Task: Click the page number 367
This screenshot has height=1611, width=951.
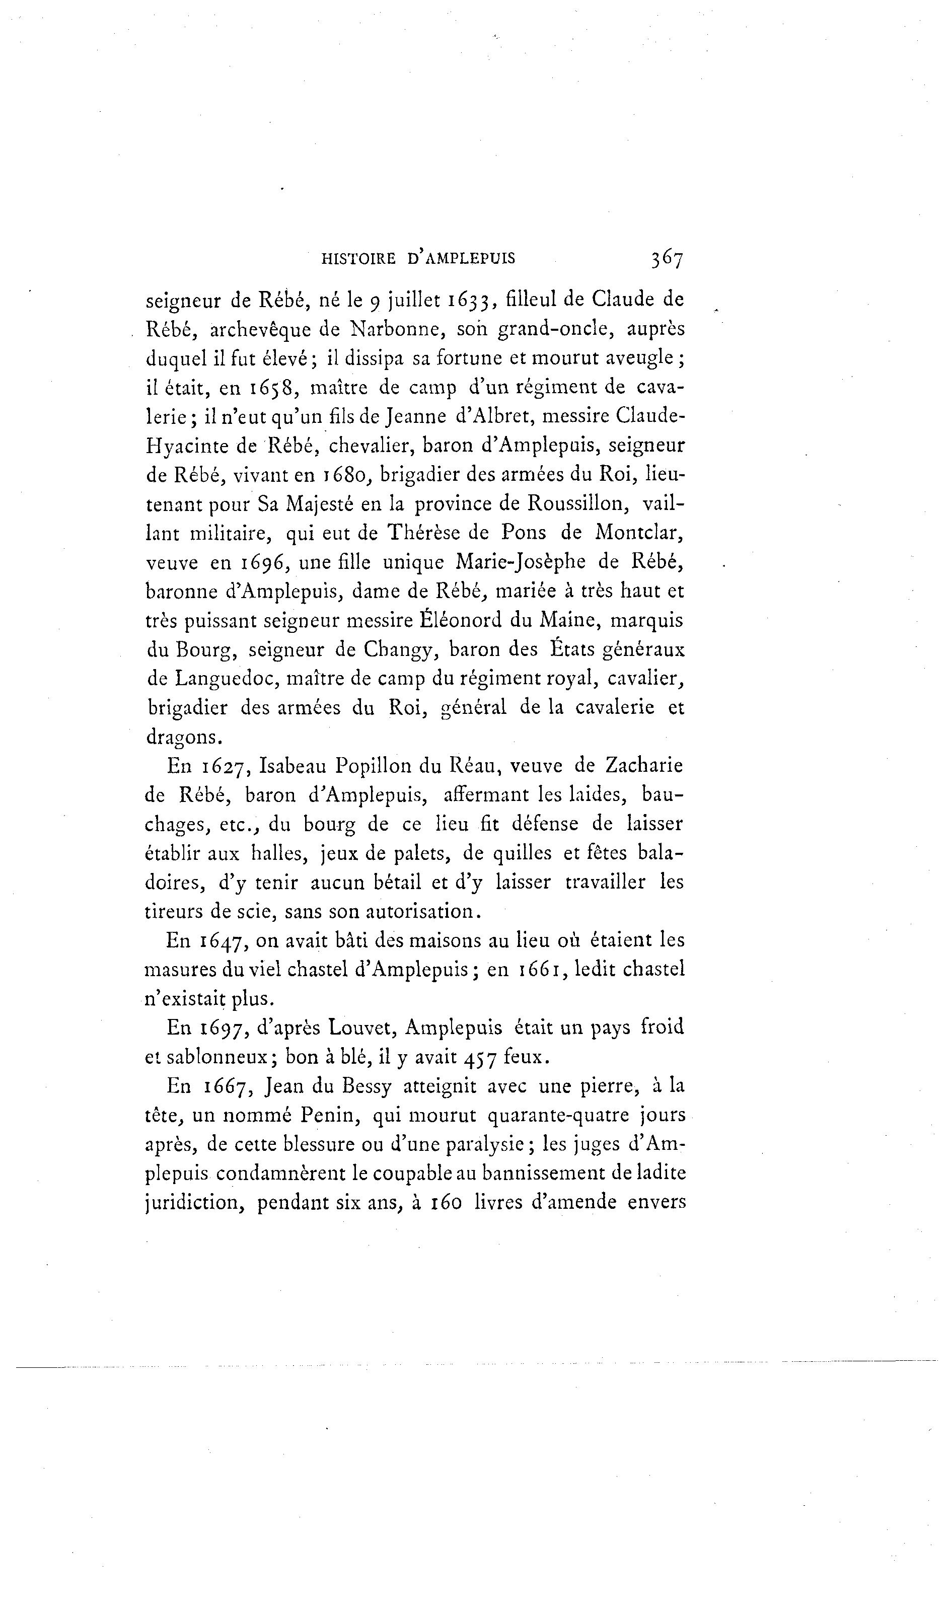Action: (667, 258)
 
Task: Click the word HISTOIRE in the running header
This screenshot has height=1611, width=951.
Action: (358, 258)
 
